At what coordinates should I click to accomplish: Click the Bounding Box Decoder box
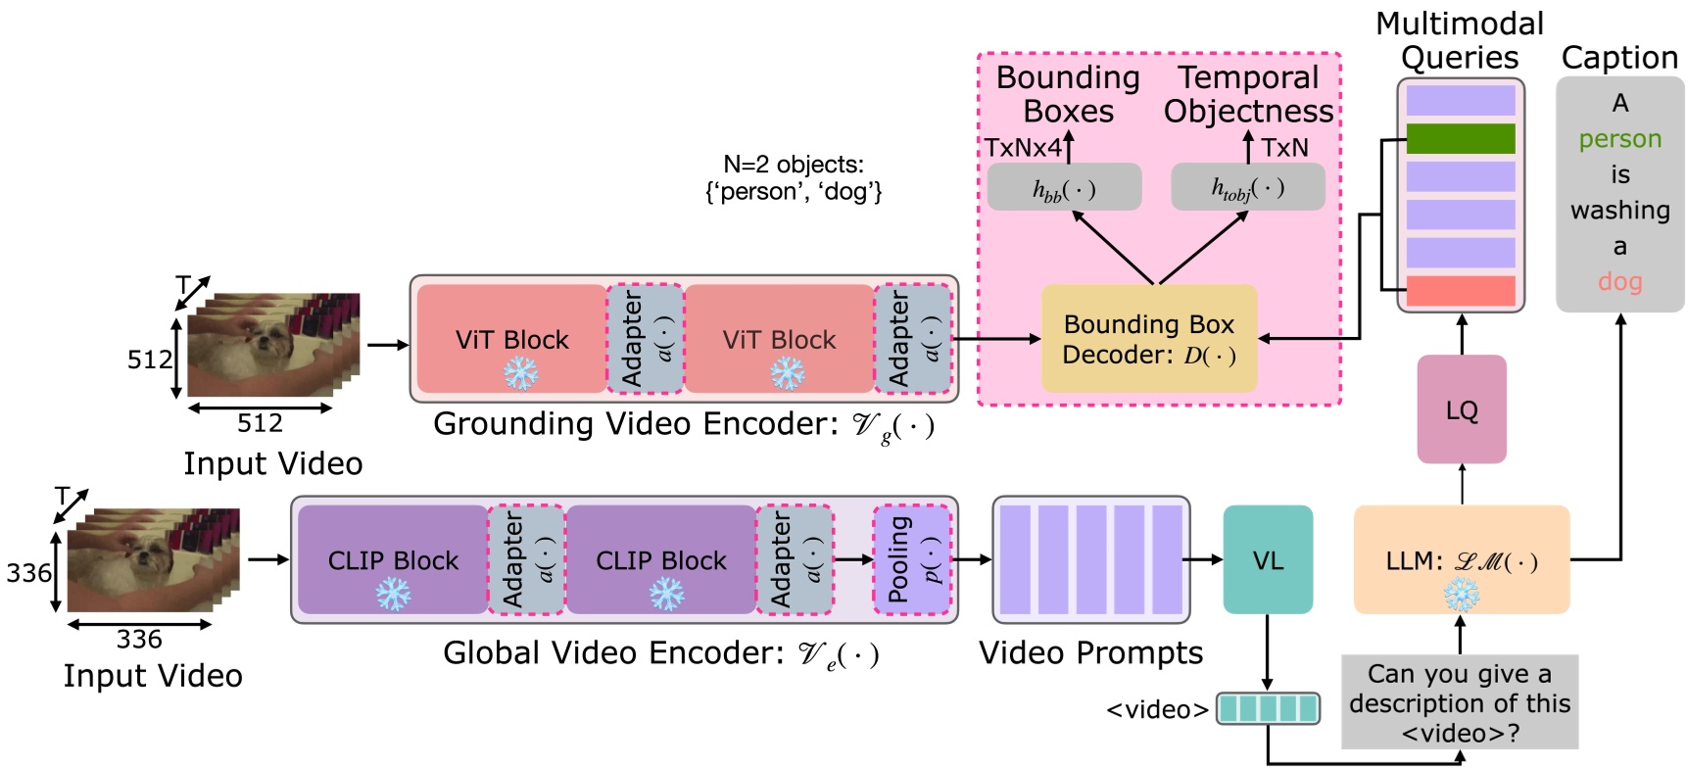[x=1148, y=338]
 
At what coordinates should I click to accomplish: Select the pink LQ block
[x=1461, y=409]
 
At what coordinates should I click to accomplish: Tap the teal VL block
[x=1267, y=560]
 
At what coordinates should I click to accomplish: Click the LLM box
[x=1461, y=559]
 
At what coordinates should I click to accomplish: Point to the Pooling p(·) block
[x=912, y=559]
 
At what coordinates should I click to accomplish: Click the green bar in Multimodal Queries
[x=1460, y=138]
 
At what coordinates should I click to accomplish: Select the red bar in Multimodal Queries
[x=1460, y=290]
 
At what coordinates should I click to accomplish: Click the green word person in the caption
[x=1619, y=139]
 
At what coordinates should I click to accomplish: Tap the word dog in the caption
[x=1619, y=282]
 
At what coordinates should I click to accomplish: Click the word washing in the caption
[x=1619, y=211]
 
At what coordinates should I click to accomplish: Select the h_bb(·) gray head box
[x=1064, y=187]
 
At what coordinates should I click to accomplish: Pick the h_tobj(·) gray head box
[x=1247, y=187]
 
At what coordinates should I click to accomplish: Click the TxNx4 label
[x=1023, y=148]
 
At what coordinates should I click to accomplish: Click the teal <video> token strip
[x=1268, y=707]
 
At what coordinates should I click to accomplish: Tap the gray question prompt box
[x=1459, y=702]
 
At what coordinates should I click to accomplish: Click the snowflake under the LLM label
[x=1461, y=594]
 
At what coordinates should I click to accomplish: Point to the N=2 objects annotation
[x=794, y=177]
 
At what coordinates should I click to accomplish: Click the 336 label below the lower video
[x=139, y=640]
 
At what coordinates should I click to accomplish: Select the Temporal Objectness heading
[x=1248, y=94]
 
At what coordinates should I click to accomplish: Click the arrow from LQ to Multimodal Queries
[x=1461, y=334]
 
